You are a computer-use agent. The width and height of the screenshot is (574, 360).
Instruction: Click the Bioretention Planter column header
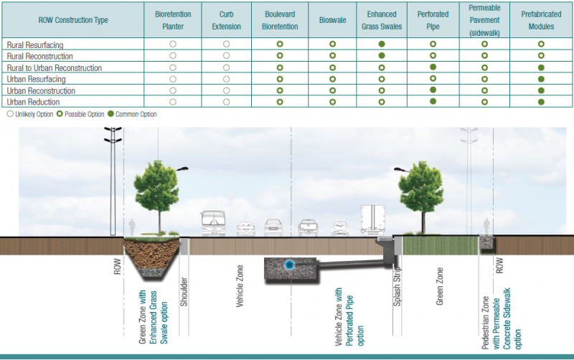173,20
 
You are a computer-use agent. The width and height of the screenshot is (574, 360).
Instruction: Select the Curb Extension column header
226,20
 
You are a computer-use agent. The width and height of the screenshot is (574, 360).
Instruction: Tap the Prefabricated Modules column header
540,20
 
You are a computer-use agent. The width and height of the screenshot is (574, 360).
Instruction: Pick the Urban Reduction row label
33,103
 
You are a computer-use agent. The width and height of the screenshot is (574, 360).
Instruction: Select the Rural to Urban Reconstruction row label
54,68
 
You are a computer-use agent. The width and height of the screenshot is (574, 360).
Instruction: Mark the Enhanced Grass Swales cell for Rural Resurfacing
382,44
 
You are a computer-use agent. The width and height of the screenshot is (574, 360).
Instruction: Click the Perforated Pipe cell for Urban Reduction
433,103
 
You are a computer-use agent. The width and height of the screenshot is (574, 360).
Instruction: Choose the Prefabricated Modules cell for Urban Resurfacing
540,79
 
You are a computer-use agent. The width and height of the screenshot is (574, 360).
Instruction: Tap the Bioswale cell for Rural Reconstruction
332,56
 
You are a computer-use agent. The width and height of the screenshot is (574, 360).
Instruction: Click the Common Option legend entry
134,114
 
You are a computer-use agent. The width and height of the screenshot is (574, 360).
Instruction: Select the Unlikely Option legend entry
29,114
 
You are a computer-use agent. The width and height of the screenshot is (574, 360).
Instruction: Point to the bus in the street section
215,223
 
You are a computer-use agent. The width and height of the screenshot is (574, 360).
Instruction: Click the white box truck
373,220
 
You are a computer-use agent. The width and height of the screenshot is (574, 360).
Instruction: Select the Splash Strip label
396,291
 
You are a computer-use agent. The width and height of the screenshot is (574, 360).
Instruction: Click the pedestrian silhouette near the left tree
132,227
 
